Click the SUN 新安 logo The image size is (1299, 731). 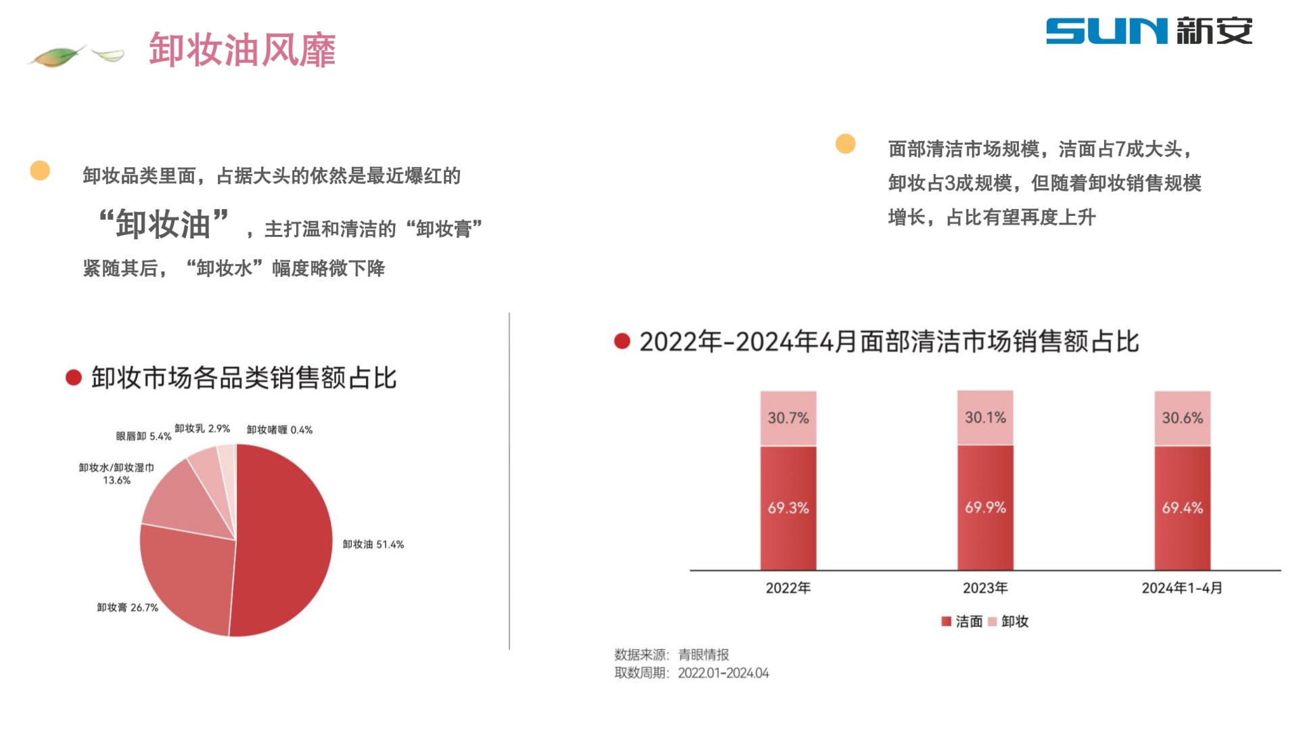pyautogui.click(x=1149, y=31)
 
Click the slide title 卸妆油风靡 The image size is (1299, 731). pyautogui.click(x=242, y=49)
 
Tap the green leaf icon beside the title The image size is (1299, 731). pyautogui.click(x=58, y=56)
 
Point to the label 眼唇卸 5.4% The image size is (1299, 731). pyautogui.click(x=143, y=437)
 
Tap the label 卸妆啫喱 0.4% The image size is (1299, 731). pyautogui.click(x=279, y=430)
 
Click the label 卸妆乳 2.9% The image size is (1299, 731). pyautogui.click(x=202, y=428)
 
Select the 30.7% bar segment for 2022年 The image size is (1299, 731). pyautogui.click(x=788, y=418)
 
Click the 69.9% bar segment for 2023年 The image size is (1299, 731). pyautogui.click(x=985, y=508)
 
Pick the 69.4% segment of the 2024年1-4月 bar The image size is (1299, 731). pyautogui.click(x=1182, y=508)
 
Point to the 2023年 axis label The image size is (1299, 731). pyautogui.click(x=985, y=588)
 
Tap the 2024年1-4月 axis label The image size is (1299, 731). pyautogui.click(x=1182, y=588)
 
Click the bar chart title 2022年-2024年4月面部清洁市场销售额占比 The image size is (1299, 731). pyautogui.click(x=889, y=342)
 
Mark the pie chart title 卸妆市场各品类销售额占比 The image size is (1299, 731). pyautogui.click(x=244, y=378)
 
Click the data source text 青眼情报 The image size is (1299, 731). pyautogui.click(x=704, y=655)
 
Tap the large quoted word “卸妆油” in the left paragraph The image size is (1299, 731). pyautogui.click(x=164, y=223)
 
